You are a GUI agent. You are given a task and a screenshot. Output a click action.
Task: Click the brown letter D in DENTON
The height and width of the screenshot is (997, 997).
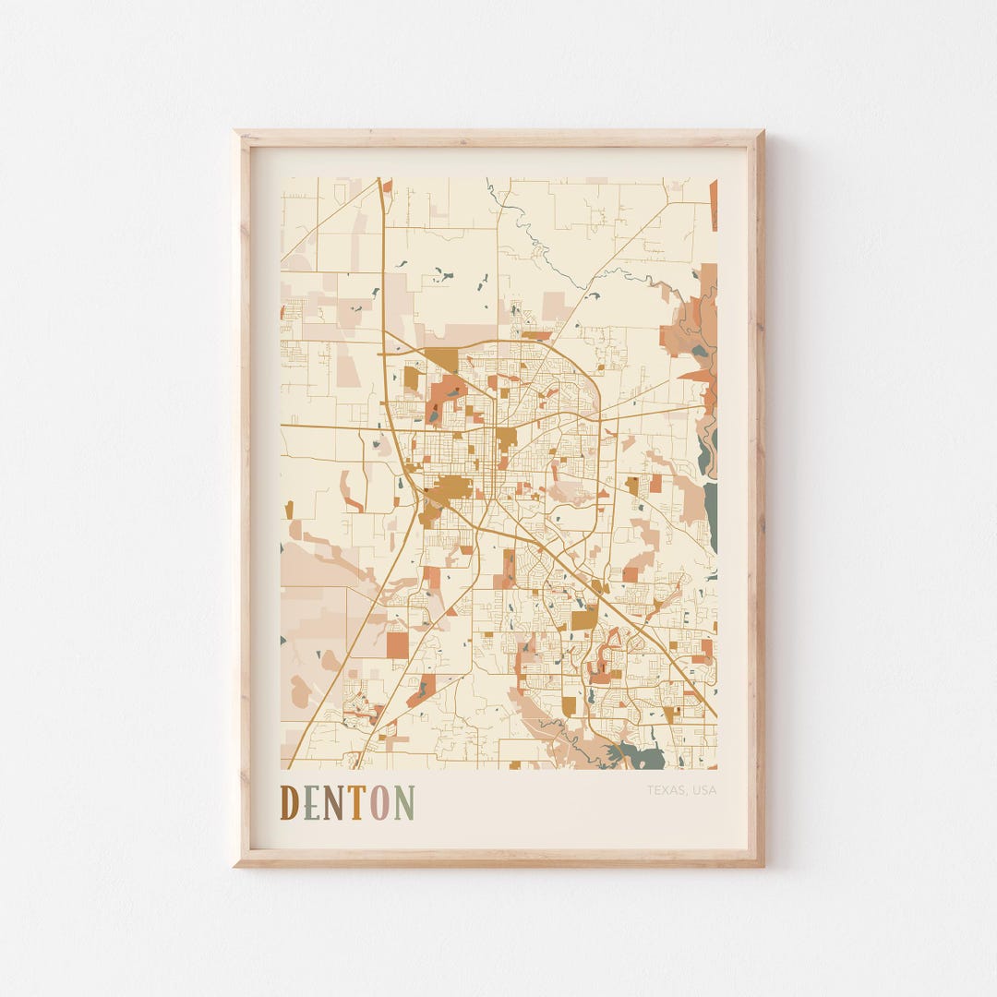(289, 802)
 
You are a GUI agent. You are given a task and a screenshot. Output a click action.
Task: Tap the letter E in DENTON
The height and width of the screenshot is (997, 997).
(311, 802)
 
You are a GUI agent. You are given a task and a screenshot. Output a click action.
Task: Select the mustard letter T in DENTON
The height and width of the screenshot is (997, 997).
(355, 802)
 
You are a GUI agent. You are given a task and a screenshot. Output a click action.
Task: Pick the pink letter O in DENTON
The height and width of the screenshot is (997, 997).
(379, 802)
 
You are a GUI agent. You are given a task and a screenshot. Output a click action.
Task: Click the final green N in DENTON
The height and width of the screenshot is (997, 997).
(404, 802)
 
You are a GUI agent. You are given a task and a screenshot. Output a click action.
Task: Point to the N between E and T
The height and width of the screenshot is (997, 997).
(333, 802)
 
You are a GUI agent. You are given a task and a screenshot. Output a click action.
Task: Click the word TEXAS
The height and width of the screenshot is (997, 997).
(665, 790)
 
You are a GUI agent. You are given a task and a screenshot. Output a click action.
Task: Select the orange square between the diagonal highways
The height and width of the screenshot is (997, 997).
(397, 643)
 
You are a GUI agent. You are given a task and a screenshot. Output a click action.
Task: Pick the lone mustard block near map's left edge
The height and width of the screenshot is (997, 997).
(288, 509)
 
